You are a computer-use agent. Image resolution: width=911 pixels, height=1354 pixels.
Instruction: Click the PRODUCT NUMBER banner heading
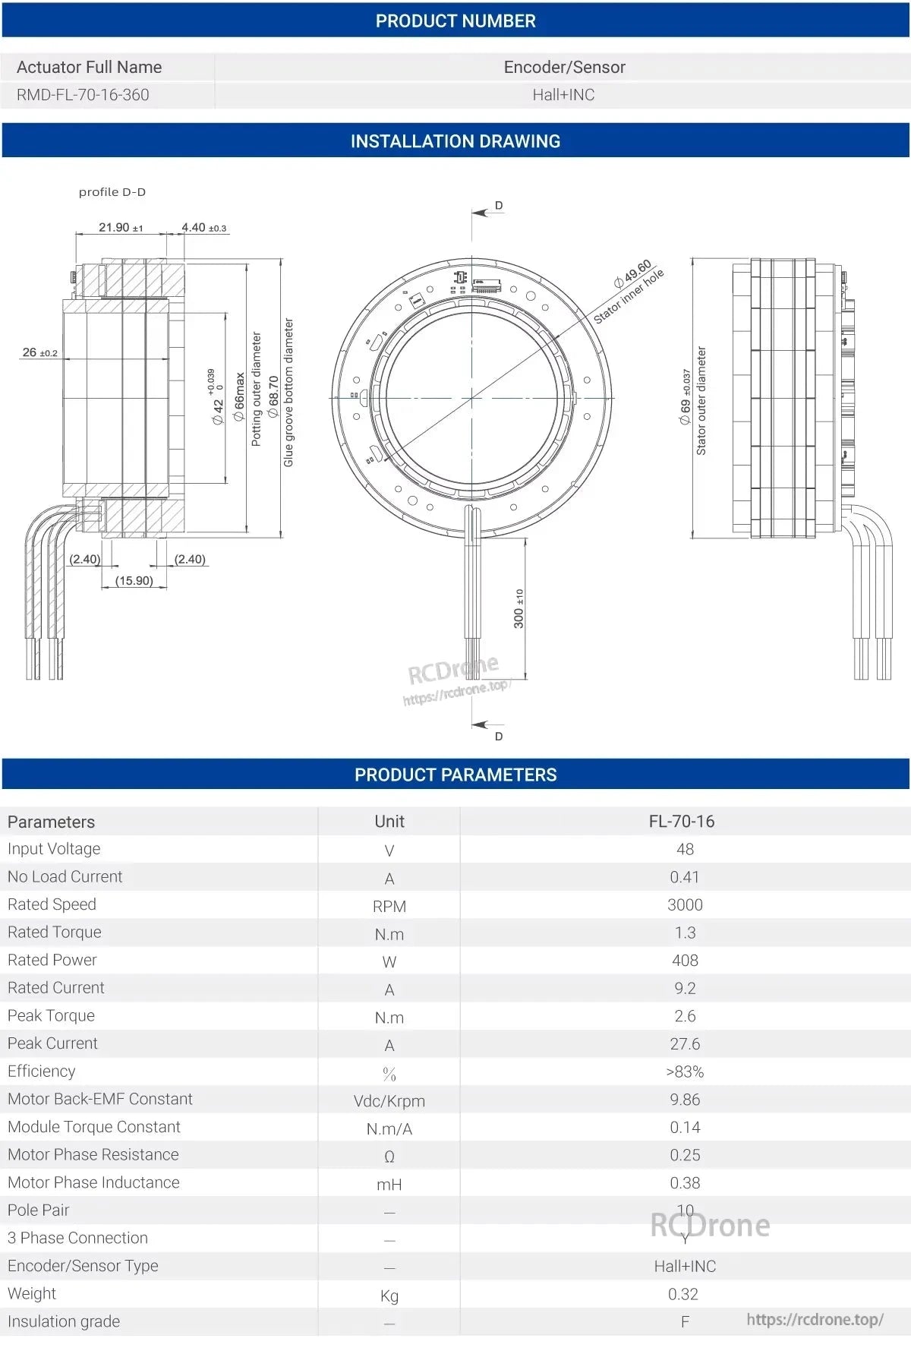(x=455, y=21)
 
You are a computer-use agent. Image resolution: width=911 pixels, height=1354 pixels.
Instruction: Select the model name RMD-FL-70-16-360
(x=83, y=95)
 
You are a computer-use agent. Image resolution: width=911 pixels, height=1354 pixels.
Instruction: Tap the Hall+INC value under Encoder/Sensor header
(x=563, y=95)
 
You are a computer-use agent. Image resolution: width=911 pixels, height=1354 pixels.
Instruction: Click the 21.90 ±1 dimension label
(x=120, y=227)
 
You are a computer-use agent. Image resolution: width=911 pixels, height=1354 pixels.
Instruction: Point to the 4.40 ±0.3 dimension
(x=203, y=227)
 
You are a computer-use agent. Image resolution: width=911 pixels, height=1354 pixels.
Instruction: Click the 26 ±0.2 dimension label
(x=39, y=352)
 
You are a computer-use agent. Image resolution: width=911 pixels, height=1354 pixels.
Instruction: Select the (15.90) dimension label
(x=134, y=581)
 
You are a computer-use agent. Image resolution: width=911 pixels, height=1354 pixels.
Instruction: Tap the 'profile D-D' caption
(x=112, y=192)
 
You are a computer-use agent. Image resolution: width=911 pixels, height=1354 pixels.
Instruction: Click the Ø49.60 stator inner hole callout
(x=633, y=274)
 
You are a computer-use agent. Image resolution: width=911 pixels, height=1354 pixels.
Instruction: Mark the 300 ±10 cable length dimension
(x=519, y=608)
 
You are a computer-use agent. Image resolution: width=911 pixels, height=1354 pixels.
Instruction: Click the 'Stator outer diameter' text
(x=701, y=401)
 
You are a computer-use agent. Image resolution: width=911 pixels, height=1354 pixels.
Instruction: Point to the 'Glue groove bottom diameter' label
(x=288, y=393)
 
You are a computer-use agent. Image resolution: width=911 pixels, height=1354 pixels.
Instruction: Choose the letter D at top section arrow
(x=499, y=206)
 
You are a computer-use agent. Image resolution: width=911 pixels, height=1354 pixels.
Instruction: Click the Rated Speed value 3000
(x=685, y=905)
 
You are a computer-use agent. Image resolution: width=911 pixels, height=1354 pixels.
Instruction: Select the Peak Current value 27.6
(x=685, y=1044)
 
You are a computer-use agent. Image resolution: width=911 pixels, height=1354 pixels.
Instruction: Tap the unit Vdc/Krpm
(x=389, y=1101)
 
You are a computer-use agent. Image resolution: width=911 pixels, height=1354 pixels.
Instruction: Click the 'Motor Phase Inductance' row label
(x=93, y=1182)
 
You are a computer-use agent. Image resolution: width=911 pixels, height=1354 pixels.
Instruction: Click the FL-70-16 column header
(x=681, y=822)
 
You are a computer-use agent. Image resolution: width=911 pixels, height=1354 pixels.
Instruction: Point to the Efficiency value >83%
(x=685, y=1072)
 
